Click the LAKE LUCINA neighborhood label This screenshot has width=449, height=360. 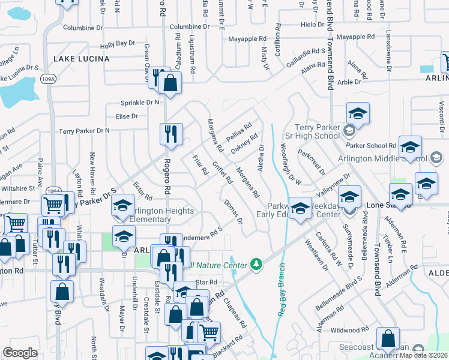[x=82, y=59]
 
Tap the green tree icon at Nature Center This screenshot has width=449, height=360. [x=256, y=264]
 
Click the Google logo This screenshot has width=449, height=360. [x=20, y=352]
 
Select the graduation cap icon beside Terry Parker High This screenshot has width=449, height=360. [x=357, y=113]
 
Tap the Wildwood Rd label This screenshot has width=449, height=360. [x=349, y=330]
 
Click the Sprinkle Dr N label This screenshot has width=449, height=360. [x=140, y=103]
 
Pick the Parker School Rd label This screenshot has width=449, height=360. [x=376, y=145]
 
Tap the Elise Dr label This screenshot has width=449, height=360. [x=127, y=116]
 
